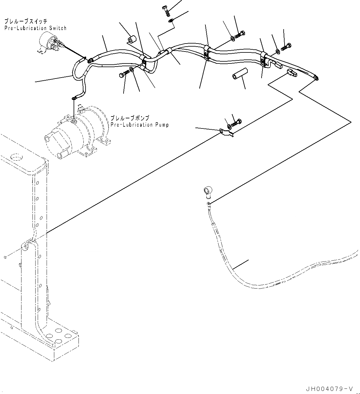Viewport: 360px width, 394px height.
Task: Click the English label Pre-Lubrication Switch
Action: [x=35, y=28]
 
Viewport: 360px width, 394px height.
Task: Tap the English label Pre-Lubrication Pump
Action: [x=140, y=125]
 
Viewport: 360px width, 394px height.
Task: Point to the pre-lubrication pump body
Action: [x=77, y=132]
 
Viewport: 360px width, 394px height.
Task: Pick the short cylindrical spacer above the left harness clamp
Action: [x=132, y=40]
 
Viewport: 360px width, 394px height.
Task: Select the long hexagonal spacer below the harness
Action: [x=239, y=76]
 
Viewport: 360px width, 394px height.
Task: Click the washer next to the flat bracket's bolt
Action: [x=229, y=126]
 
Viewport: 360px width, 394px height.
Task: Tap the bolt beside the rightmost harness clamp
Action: [x=286, y=47]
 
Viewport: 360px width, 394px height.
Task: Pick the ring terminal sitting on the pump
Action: [x=74, y=98]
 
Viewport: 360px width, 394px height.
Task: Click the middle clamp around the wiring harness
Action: [x=207, y=52]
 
